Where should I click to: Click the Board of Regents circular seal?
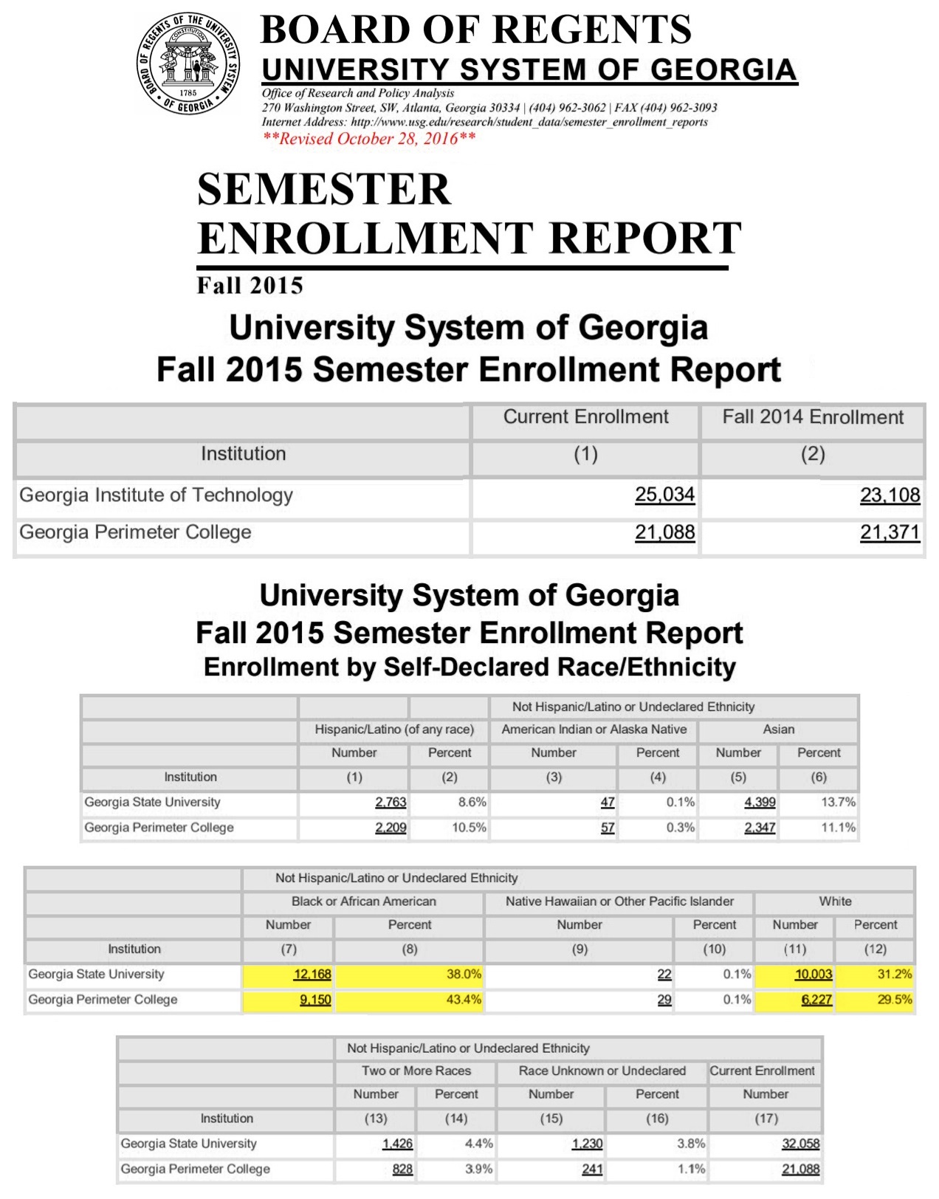point(188,63)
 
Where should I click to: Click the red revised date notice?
point(369,139)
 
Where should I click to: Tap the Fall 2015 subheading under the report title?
point(250,286)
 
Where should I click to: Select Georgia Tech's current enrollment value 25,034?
point(664,495)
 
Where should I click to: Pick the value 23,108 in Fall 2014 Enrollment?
point(890,495)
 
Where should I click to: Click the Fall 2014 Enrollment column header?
point(812,417)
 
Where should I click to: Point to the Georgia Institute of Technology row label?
point(156,495)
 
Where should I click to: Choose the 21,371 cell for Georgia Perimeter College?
point(890,532)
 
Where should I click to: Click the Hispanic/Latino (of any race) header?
point(393,729)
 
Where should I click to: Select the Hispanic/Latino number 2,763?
point(391,803)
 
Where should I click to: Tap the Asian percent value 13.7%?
point(838,803)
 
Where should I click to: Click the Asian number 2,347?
point(760,828)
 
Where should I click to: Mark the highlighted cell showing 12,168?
point(312,975)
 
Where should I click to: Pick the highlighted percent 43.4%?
point(464,1000)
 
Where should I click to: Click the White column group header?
point(835,901)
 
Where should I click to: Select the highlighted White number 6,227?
point(816,1000)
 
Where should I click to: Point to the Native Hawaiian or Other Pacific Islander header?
point(619,901)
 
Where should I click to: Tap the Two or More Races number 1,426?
point(397,1144)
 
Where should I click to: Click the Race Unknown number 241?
point(592,1169)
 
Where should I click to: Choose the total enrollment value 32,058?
point(800,1144)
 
